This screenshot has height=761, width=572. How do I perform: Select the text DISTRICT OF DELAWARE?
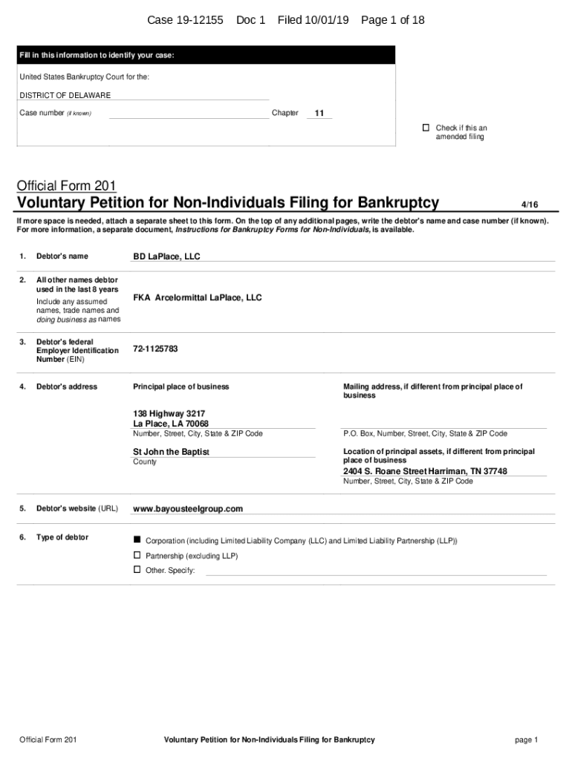[65, 95]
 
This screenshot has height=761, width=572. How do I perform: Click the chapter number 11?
[319, 114]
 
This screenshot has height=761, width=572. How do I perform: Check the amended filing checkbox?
[426, 128]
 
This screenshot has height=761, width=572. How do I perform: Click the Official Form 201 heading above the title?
[67, 186]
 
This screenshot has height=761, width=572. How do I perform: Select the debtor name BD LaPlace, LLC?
[166, 256]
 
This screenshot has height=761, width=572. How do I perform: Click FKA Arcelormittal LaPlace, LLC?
[198, 297]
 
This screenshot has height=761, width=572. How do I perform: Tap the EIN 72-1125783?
[155, 349]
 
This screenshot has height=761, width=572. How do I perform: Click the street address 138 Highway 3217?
[169, 413]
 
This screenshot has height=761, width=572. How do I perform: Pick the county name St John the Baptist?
[171, 452]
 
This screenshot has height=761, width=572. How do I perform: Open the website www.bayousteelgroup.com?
[188, 509]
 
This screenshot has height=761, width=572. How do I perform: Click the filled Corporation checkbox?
[137, 538]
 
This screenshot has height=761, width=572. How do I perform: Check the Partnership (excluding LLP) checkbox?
[137, 555]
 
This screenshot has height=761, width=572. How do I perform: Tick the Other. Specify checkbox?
[137, 569]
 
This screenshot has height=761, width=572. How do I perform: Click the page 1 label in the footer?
[525, 739]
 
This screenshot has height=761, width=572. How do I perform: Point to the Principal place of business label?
[181, 386]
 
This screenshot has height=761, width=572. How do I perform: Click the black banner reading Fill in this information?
[207, 56]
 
